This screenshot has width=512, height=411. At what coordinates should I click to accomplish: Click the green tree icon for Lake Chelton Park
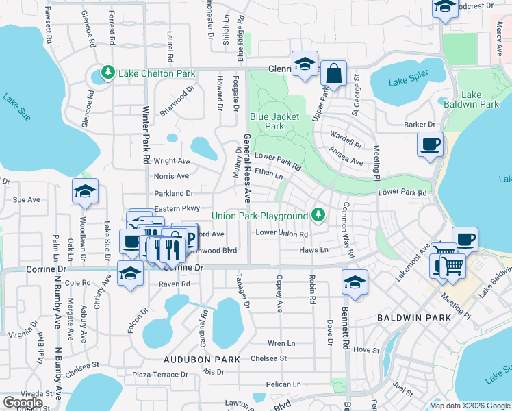pyautogui.click(x=108, y=73)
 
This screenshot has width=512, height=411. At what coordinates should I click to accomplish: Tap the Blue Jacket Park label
pyautogui.click(x=274, y=121)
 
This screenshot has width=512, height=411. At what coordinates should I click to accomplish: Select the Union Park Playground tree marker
pyautogui.click(x=318, y=216)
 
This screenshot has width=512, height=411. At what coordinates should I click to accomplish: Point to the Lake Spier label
pyautogui.click(x=408, y=78)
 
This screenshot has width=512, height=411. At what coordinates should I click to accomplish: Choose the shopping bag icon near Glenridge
pyautogui.click(x=333, y=73)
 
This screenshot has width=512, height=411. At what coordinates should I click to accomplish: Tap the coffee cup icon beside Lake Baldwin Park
pyautogui.click(x=430, y=145)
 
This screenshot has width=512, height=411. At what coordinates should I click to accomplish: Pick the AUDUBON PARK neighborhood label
pyautogui.click(x=201, y=360)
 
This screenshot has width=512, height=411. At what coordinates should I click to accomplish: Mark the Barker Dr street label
pyautogui.click(x=420, y=125)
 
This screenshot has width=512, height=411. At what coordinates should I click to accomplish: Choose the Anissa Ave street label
pyautogui.click(x=346, y=158)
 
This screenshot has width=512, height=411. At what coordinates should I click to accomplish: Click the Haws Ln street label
pyautogui.click(x=313, y=250)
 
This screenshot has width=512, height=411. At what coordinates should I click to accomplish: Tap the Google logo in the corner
pyautogui.click(x=23, y=403)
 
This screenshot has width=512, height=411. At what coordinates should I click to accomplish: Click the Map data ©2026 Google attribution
pyautogui.click(x=469, y=406)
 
